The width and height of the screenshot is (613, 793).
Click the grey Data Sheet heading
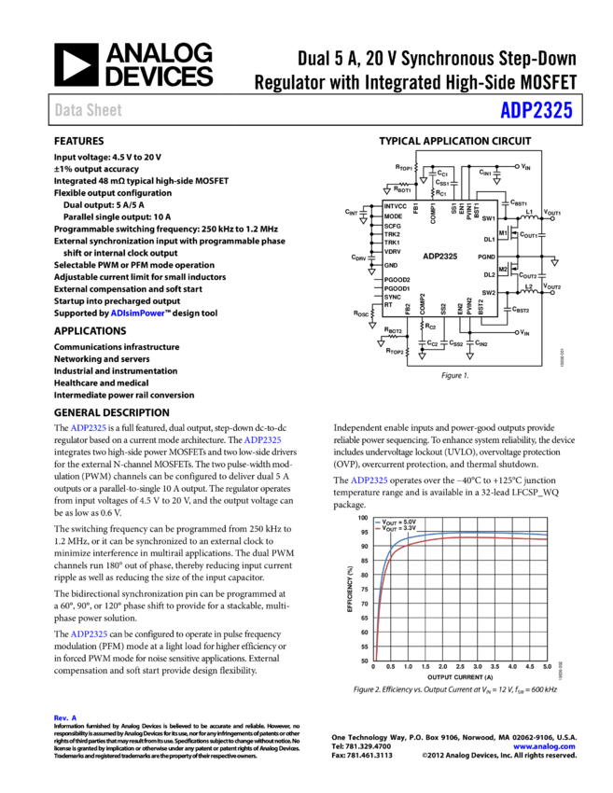tap(88, 110)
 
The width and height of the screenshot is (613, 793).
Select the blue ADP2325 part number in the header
tap(536, 110)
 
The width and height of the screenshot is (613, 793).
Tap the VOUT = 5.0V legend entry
tap(398, 522)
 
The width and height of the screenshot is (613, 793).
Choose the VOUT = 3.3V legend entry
tap(398, 528)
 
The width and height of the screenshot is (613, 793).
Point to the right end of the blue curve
tap(546, 535)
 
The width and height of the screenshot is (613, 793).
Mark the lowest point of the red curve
tap(377, 659)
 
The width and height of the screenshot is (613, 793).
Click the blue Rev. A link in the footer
tap(65, 717)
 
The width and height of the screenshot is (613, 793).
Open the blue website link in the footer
tap(544, 746)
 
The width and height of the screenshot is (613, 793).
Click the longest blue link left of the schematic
tap(137, 313)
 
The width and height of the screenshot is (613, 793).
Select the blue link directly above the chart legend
tap(369, 480)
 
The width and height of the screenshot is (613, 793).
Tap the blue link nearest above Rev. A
tap(89, 634)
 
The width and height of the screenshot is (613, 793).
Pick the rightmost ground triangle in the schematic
tap(554, 262)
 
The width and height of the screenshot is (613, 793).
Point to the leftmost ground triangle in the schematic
tap(363, 220)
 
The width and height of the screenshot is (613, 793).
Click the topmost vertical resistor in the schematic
tap(416, 167)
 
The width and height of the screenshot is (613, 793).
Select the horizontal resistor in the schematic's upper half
tap(404, 185)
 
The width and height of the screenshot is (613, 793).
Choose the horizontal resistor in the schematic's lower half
tap(393, 336)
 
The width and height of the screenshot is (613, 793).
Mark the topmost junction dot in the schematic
tap(517, 167)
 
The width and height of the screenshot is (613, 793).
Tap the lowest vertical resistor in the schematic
tap(407, 352)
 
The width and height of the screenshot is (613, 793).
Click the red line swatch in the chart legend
tap(378, 528)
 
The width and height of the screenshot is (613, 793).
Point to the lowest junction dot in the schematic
tap(517, 332)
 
